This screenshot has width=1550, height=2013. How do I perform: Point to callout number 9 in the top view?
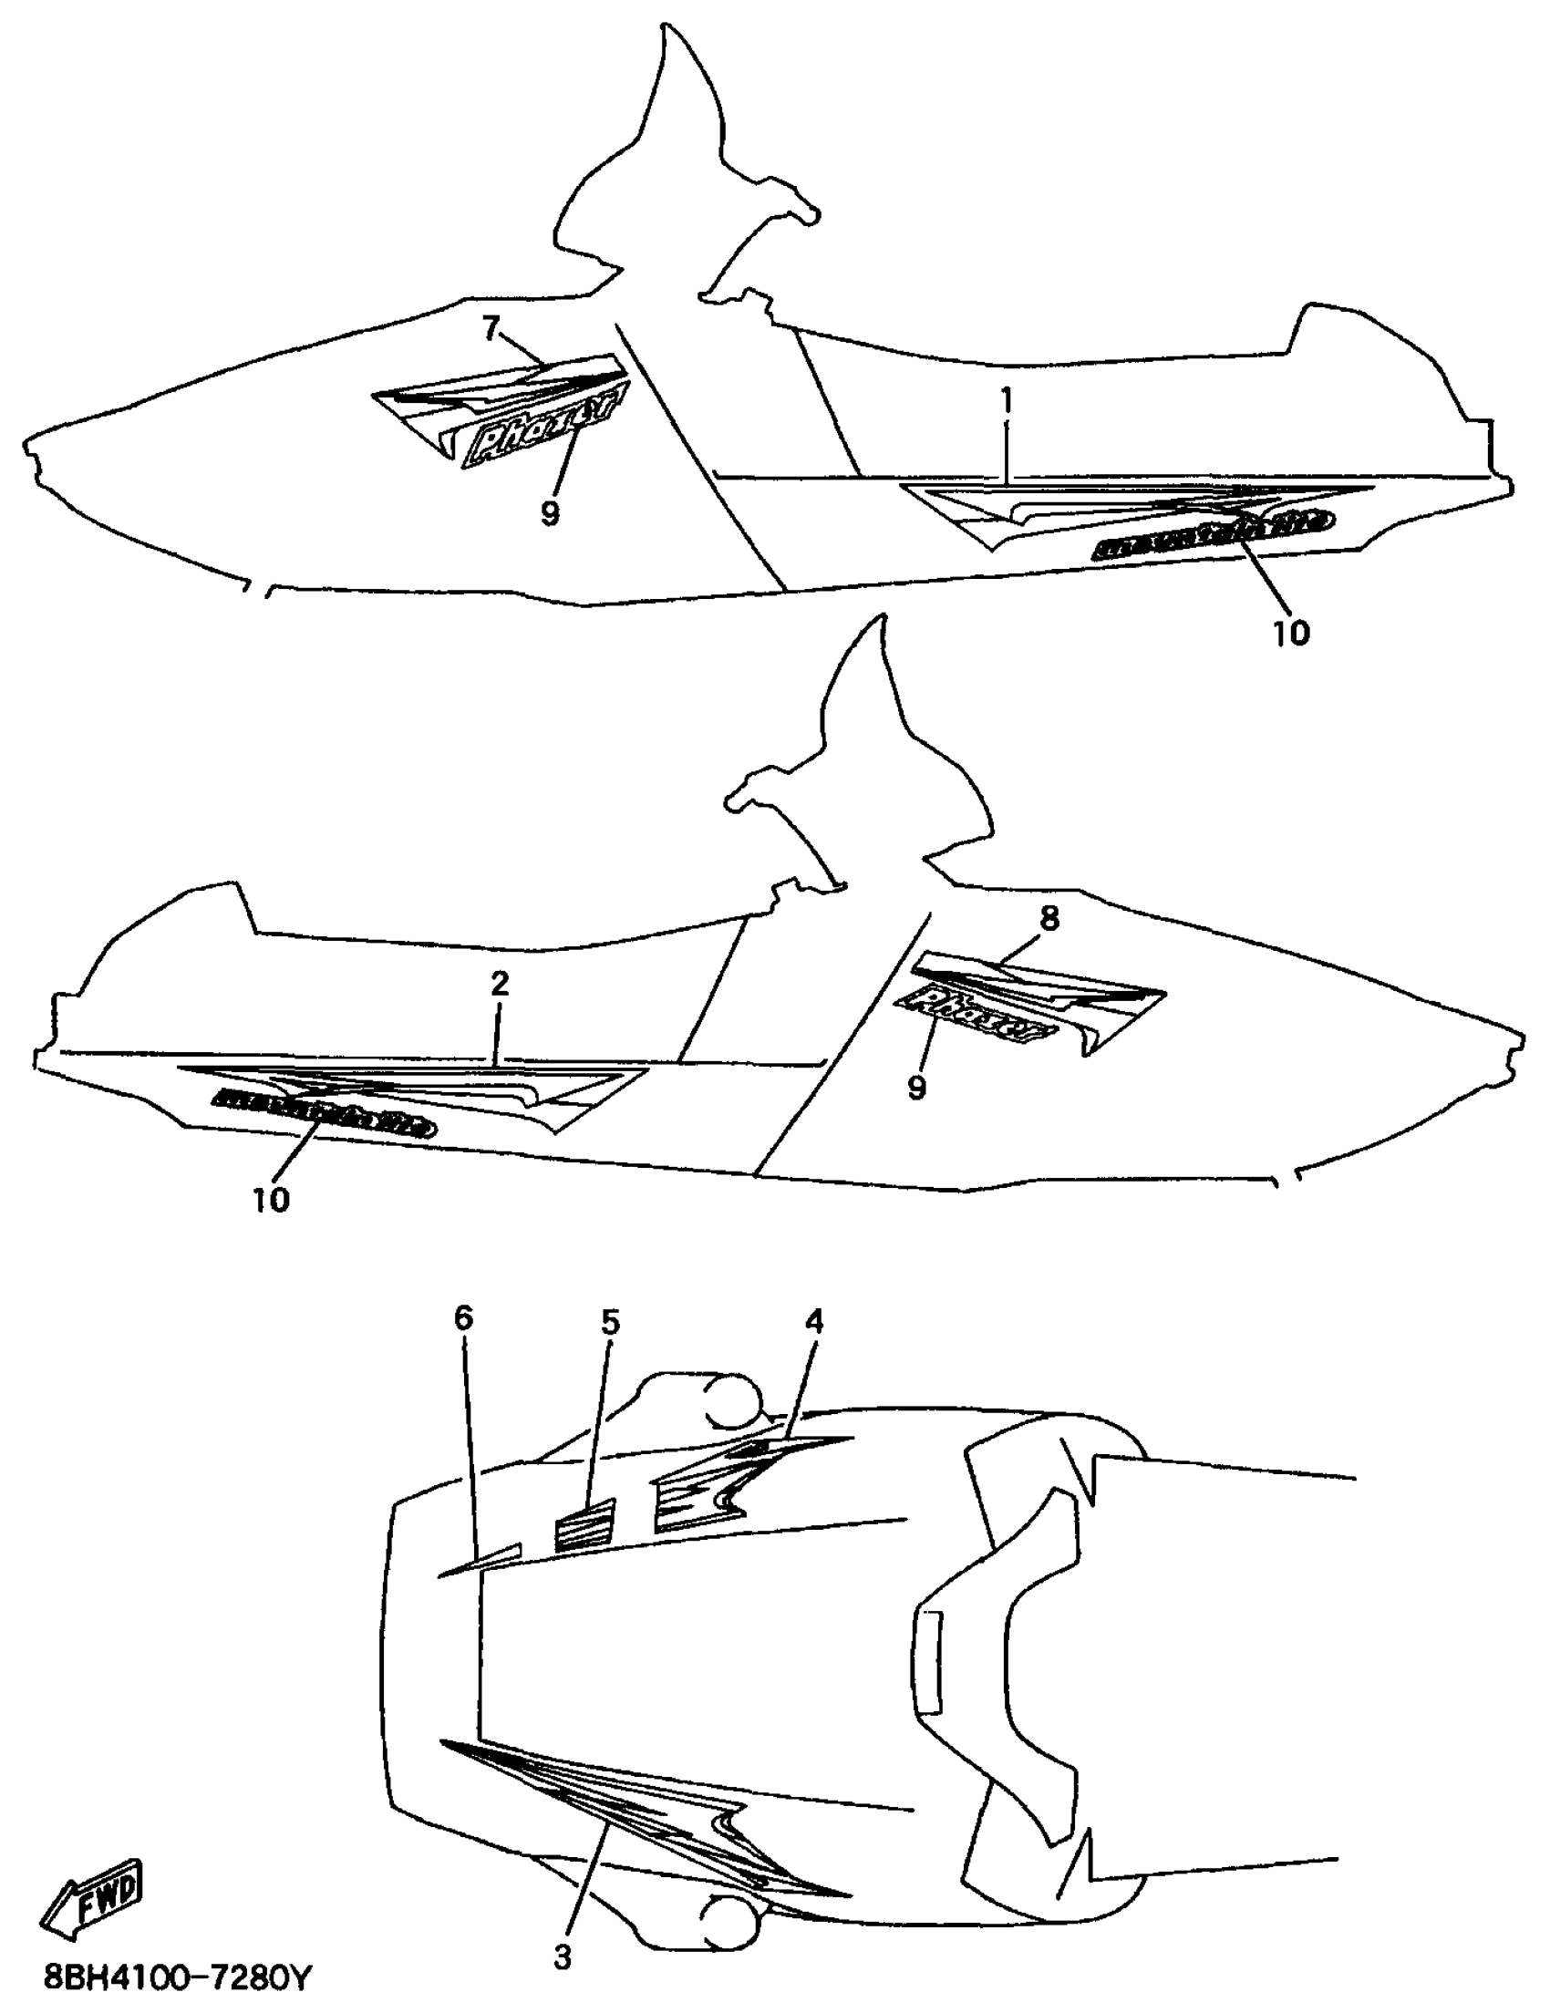pyautogui.click(x=549, y=511)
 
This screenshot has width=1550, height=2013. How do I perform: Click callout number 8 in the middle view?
pyautogui.click(x=1049, y=918)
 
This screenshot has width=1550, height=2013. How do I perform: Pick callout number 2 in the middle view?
pyautogui.click(x=499, y=985)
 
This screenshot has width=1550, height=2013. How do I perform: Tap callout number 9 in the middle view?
pyautogui.click(x=916, y=1088)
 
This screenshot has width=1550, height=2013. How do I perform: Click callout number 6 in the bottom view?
pyautogui.click(x=463, y=1319)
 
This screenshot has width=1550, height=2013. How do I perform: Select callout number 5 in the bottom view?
pyautogui.click(x=610, y=1323)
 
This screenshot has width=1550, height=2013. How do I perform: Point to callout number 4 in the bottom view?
pyautogui.click(x=813, y=1322)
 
